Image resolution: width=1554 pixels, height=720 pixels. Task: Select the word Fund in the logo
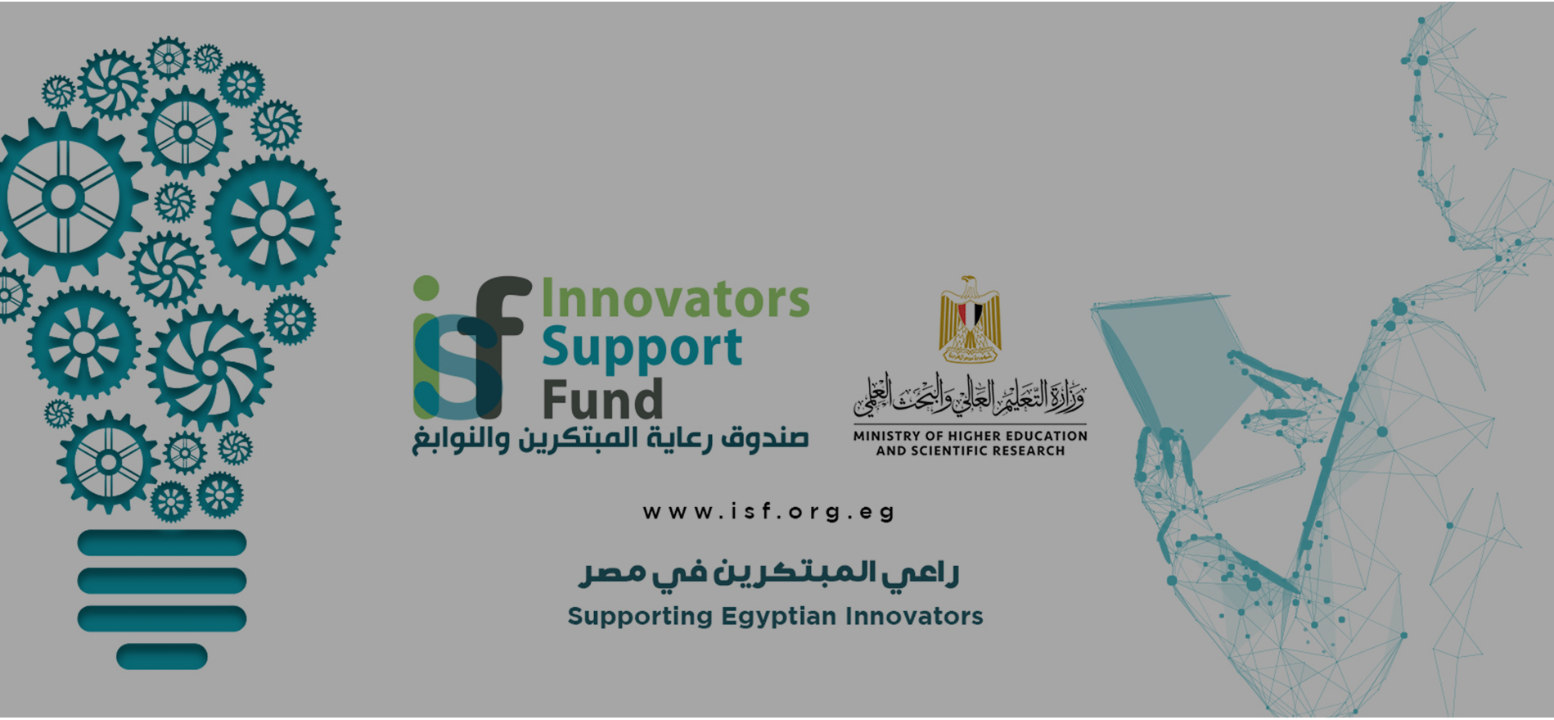click(x=602, y=400)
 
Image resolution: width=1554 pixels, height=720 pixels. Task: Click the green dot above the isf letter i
click(x=426, y=288)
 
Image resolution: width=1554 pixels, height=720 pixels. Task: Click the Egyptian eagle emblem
click(x=970, y=319)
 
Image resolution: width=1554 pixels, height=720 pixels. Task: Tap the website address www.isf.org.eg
click(x=768, y=512)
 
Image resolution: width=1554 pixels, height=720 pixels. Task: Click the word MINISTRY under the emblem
click(x=887, y=436)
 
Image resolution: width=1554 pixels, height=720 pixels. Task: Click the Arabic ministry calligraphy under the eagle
click(x=971, y=395)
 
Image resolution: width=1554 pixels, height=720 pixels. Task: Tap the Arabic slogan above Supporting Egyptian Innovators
click(x=768, y=572)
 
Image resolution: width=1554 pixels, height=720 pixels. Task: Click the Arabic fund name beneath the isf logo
click(x=610, y=439)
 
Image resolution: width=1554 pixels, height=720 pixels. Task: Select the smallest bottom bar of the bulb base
click(x=162, y=656)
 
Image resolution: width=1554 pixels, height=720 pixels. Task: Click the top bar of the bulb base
click(x=162, y=542)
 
